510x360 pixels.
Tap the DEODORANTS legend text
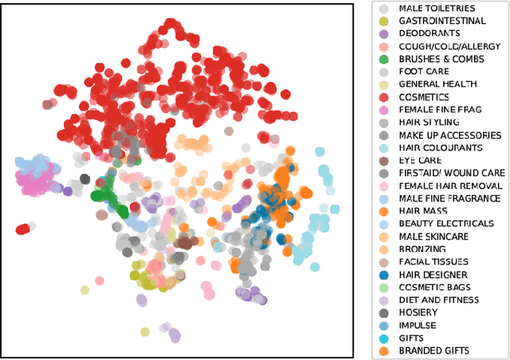click(429, 33)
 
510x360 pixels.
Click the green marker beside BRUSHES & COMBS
click(384, 59)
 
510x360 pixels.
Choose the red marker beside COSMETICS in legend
click(384, 97)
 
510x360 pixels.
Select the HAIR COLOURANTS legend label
click(440, 148)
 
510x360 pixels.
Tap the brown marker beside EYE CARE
click(384, 160)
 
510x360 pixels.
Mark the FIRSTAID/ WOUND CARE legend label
click(451, 173)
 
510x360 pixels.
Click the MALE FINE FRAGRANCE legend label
click(447, 198)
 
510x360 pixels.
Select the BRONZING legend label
click(422, 249)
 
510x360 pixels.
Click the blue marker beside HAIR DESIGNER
click(384, 274)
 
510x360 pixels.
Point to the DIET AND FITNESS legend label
click(439, 299)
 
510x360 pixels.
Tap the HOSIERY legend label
click(419, 312)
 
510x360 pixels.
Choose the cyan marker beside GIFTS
click(384, 338)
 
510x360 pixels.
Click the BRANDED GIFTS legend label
click(433, 350)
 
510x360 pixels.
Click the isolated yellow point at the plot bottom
click(145, 332)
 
